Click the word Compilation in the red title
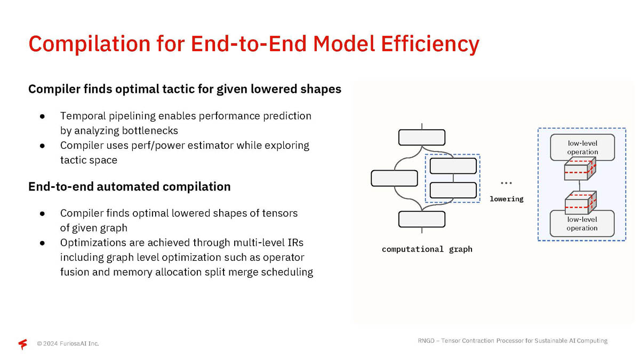coord(90,44)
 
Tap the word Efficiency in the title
coord(430,44)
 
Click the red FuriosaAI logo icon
coord(23,343)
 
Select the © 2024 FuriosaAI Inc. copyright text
coord(68,343)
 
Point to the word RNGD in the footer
coord(426,341)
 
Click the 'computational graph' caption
coord(427,249)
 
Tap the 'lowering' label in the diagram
coord(507,199)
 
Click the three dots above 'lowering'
coord(506,183)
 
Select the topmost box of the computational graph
coord(422,138)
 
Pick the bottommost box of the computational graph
coord(422,219)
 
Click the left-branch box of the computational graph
coord(394,178)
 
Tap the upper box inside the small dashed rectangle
coord(453,166)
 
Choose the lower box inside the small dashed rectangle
coord(453,190)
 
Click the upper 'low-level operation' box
coord(582,147)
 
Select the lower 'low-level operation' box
coord(582,223)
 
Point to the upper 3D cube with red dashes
coord(580,169)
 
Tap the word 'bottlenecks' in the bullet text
coord(150,131)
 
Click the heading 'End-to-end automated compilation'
coord(130,187)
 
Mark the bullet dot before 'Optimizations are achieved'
coord(42,243)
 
